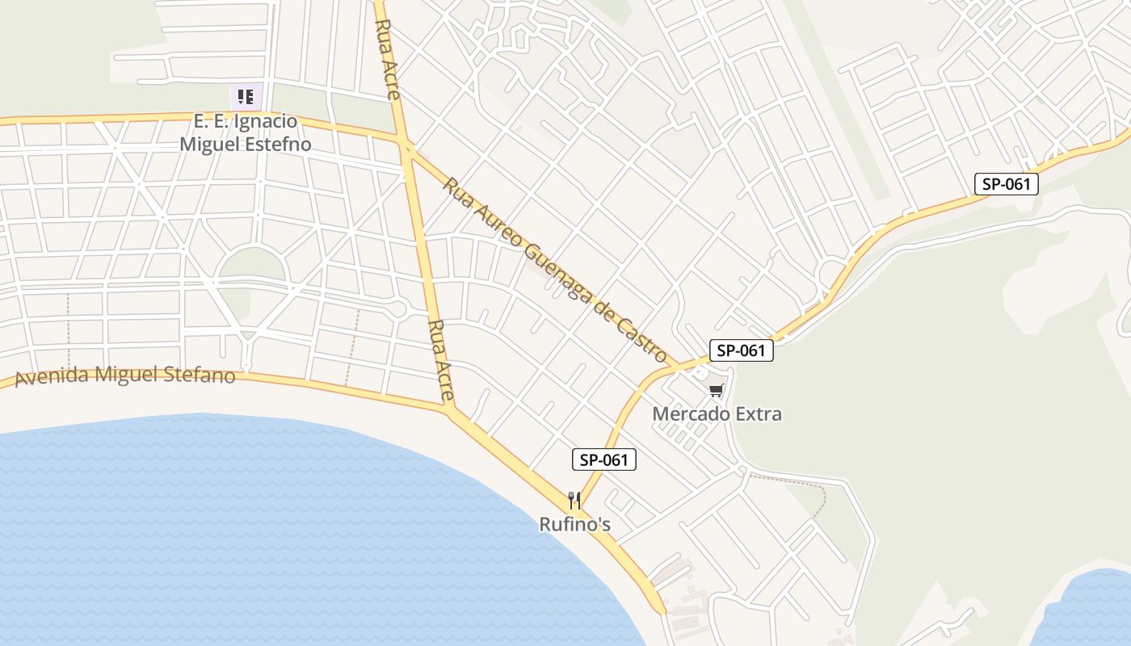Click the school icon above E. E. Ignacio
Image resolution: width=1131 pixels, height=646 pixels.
[x=246, y=98]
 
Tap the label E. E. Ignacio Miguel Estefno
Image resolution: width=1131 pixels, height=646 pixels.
[x=246, y=133]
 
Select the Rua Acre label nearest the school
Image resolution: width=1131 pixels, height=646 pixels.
[x=388, y=59]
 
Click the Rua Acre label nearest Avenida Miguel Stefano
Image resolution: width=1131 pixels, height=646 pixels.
[x=441, y=362]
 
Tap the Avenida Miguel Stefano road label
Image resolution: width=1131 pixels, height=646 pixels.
[x=125, y=375]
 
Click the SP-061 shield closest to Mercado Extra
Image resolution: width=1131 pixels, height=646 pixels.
[x=741, y=350]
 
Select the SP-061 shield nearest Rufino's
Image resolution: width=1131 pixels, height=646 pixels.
[x=604, y=460]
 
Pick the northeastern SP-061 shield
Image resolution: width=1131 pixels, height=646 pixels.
[x=1006, y=184]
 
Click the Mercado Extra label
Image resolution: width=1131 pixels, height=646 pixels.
[x=717, y=414]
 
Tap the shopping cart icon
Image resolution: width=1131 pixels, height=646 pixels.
[x=716, y=392]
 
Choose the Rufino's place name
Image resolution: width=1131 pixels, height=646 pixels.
[x=574, y=525]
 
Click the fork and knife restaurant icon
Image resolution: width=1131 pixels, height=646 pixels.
[x=574, y=501]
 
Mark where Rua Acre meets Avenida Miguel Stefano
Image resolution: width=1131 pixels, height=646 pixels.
[x=448, y=408]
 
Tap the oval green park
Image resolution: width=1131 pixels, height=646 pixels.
[x=252, y=264]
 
